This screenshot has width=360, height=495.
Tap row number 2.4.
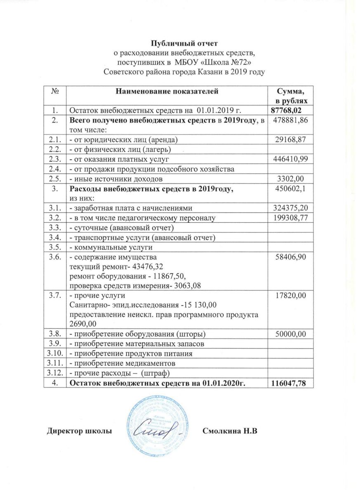tap(55, 169)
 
